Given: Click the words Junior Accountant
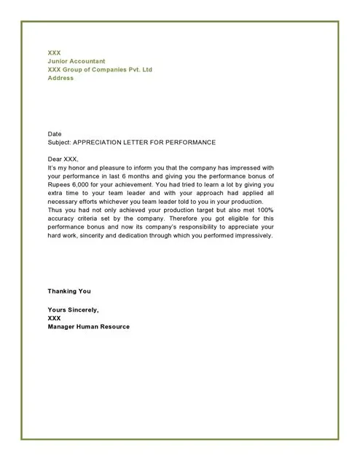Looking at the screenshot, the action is coord(77,61).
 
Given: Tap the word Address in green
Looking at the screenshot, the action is coord(60,78).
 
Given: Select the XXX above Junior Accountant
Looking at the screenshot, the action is coord(54,52).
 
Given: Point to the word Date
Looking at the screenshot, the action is coord(55,135).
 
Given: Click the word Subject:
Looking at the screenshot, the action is coord(60,142).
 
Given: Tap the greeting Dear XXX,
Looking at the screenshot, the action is coord(63,159).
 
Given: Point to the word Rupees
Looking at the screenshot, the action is coord(58,184).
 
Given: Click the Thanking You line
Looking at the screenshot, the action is coord(69,291).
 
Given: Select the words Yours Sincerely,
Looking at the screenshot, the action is coord(73,310).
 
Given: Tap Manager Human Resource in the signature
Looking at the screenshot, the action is coord(88,326).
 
